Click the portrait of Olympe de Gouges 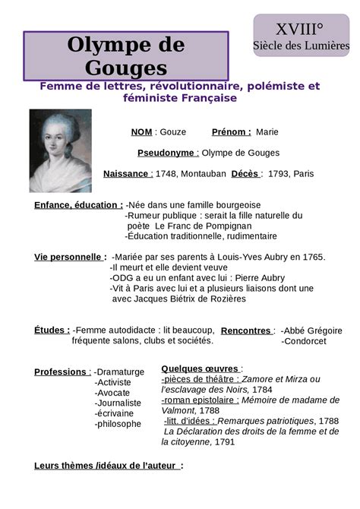60,150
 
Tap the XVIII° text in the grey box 299,30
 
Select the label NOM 141,132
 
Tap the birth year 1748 165,174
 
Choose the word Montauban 202,174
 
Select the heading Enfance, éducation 78,205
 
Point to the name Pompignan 226,226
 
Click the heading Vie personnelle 69,258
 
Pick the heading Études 52,330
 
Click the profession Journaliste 118,403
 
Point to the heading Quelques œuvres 201,368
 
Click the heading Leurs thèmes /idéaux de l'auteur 108,465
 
